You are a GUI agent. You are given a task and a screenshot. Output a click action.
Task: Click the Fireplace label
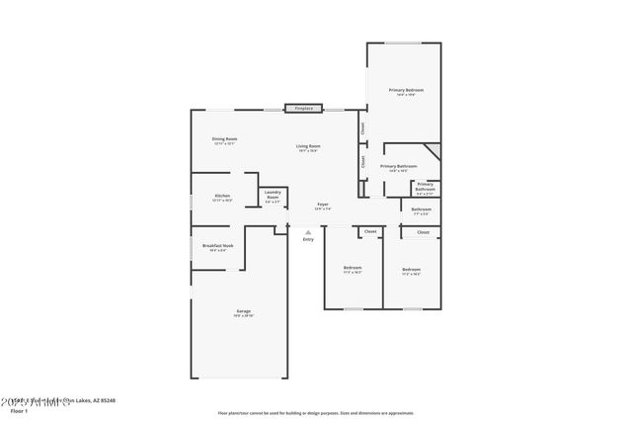(304, 108)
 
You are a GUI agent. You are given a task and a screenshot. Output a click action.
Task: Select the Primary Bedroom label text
(405, 90)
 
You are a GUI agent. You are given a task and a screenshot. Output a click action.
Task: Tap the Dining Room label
(224, 139)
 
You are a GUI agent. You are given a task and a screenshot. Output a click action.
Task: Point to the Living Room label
(308, 147)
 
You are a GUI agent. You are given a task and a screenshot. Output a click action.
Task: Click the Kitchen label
(222, 196)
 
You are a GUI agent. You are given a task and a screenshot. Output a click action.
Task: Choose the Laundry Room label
(273, 195)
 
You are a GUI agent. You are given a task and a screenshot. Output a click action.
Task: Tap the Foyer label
(323, 206)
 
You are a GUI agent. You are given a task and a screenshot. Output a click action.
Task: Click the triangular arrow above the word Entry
(308, 232)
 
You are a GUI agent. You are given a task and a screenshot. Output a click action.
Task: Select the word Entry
(308, 239)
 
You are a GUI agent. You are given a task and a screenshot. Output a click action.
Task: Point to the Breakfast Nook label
(217, 245)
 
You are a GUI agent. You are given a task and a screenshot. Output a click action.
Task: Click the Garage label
(243, 311)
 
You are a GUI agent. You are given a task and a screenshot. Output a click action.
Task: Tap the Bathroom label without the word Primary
(422, 209)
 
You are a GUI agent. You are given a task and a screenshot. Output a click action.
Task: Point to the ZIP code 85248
(108, 400)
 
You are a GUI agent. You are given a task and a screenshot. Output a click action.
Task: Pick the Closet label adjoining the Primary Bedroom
(363, 127)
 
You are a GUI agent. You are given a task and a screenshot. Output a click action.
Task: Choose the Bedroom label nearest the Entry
(353, 268)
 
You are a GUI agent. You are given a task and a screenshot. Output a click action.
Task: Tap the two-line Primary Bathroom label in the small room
(425, 186)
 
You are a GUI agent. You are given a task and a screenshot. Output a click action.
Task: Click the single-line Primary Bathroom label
(399, 166)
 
